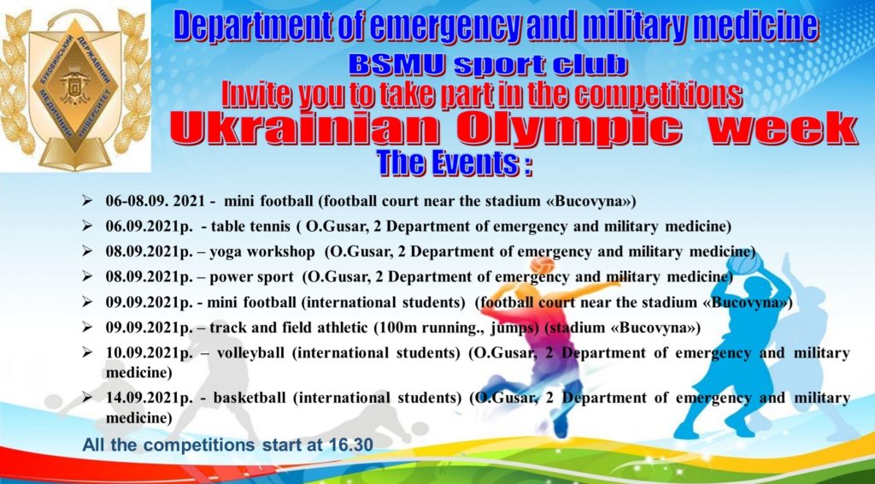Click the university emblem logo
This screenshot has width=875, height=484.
coord(74,87)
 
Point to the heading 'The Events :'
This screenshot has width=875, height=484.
coord(455,163)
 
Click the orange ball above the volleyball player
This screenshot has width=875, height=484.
coord(543,265)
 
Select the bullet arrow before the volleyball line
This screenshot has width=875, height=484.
coord(87,353)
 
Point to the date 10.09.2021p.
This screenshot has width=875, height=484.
coord(149,353)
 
